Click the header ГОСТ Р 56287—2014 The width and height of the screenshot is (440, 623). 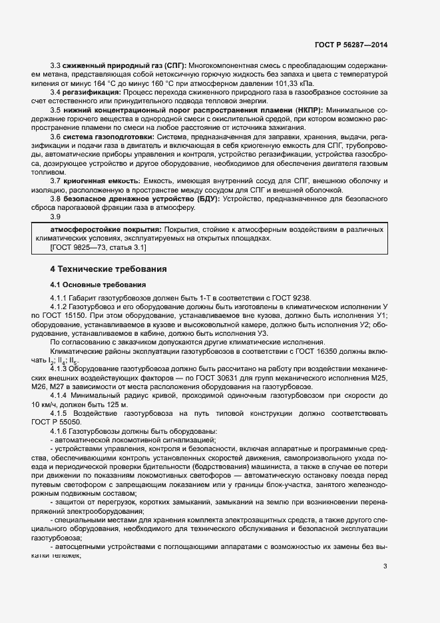(x=351, y=45)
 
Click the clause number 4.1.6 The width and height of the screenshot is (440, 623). (x=60, y=430)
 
